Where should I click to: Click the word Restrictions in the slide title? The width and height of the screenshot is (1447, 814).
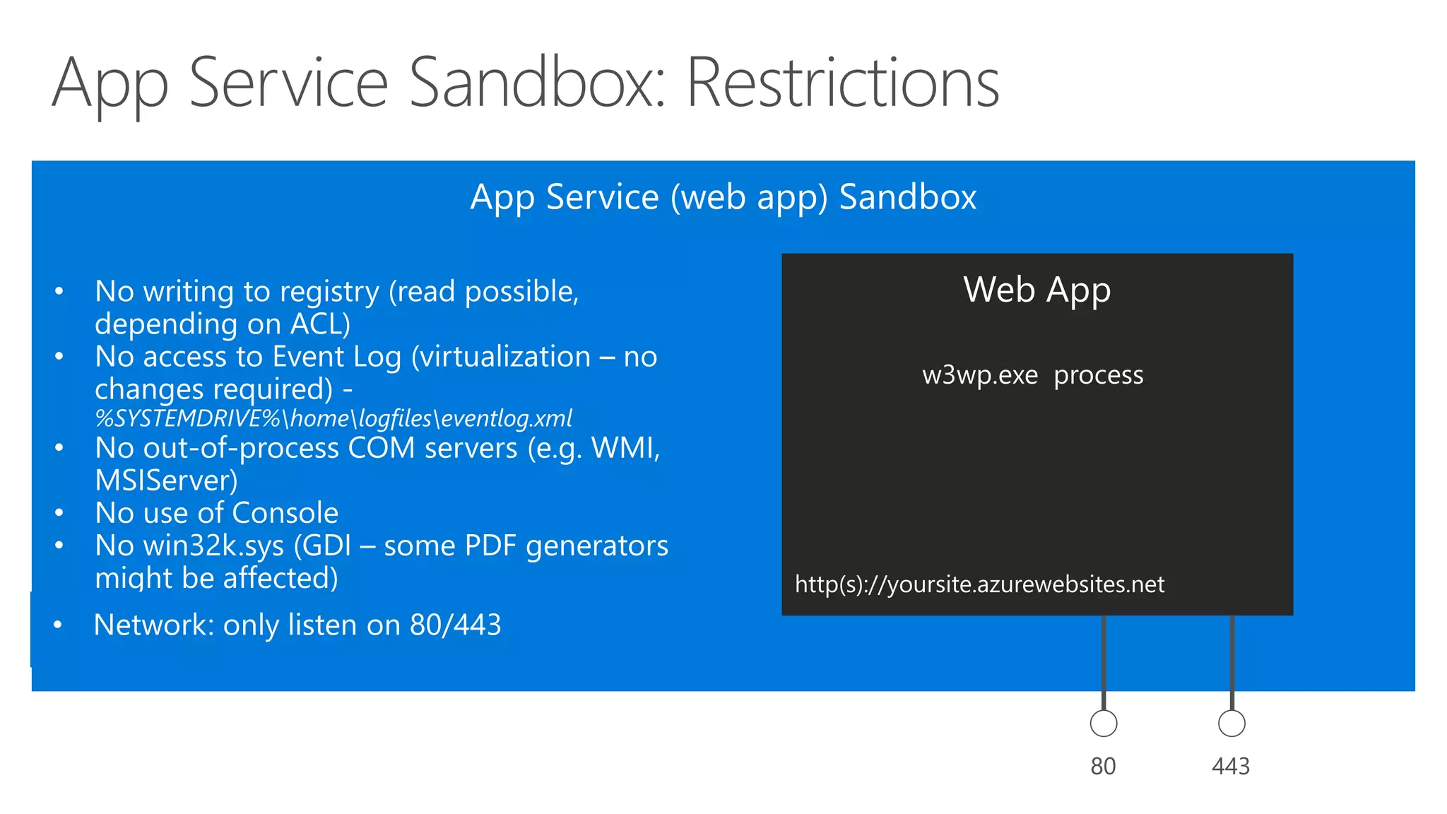coord(842,83)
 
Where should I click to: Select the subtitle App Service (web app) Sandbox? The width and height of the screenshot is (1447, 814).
coord(723,196)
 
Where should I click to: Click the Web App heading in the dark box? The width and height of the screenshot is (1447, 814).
coord(1036,290)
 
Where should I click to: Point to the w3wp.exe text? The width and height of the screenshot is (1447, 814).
coord(979,375)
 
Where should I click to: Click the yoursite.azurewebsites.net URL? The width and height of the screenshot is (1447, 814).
coord(979,584)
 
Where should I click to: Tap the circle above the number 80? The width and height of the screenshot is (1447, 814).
coord(1103,724)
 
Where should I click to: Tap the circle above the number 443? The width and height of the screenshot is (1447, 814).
coord(1232,724)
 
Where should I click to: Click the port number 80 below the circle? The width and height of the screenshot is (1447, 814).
coord(1103,767)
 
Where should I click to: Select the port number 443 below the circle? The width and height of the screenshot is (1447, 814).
coord(1231,767)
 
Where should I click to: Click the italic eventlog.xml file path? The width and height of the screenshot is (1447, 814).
coord(333,418)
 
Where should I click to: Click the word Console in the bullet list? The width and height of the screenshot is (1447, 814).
coord(285,513)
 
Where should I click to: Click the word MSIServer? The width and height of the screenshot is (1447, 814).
coord(165,480)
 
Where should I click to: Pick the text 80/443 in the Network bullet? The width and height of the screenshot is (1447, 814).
coord(455,625)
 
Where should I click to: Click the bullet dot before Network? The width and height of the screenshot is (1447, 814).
coord(58,625)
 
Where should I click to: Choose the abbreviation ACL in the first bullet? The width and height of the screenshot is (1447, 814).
coord(319,324)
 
